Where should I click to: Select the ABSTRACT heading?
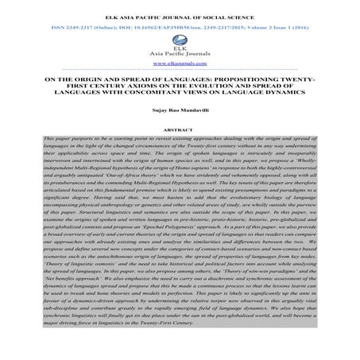[180, 128]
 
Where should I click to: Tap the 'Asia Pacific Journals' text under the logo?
[180, 52]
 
